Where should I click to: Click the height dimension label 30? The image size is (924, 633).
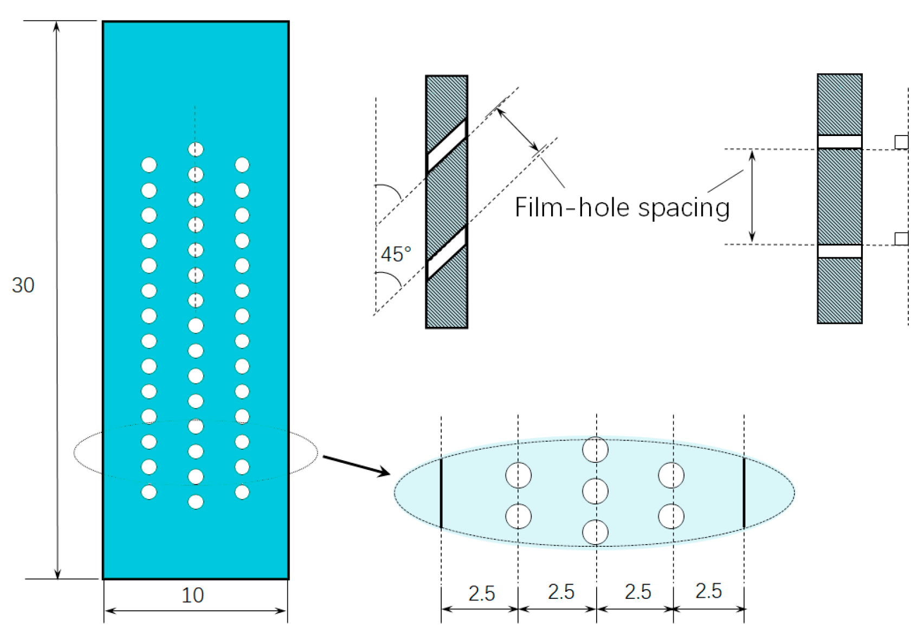(23, 285)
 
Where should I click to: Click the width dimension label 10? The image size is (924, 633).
(192, 596)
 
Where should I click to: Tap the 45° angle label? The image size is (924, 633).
(396, 254)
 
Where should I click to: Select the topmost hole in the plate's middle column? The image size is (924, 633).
(196, 150)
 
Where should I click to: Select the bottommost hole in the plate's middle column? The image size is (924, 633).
(196, 502)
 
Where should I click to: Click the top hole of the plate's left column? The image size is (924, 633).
(149, 165)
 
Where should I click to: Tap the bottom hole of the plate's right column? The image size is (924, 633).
(242, 492)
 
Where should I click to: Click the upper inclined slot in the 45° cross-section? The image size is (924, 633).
(447, 145)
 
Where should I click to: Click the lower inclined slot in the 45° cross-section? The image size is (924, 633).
(447, 253)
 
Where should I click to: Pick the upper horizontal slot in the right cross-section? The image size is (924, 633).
(839, 142)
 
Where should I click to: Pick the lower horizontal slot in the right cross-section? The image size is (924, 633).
(839, 251)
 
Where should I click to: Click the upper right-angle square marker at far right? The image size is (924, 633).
(901, 142)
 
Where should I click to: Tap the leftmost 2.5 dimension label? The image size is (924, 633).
(482, 593)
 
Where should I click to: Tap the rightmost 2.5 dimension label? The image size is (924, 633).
(708, 591)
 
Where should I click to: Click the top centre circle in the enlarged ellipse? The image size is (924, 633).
(595, 449)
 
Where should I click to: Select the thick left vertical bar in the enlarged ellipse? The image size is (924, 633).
(441, 493)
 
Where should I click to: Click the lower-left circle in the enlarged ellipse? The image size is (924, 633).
(518, 516)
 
